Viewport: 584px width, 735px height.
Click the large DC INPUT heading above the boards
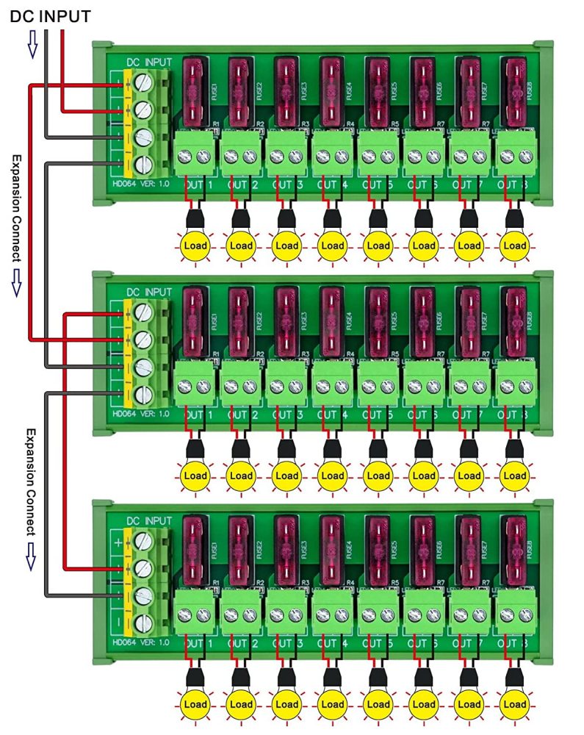[x=50, y=15]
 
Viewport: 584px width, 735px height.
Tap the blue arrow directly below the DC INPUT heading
[x=31, y=48]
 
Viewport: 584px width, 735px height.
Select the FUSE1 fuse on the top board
[x=196, y=92]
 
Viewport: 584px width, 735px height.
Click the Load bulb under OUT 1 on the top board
[x=195, y=245]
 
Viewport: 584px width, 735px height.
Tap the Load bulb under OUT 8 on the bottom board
[x=514, y=705]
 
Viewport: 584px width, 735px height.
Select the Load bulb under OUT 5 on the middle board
[x=378, y=476]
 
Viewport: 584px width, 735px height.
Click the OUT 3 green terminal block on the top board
[x=286, y=155]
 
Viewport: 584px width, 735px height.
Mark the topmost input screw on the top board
[x=145, y=83]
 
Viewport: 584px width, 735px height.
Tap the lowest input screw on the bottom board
[x=145, y=623]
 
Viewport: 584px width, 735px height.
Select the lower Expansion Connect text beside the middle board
[x=31, y=481]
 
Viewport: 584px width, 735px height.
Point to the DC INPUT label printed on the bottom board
[x=148, y=520]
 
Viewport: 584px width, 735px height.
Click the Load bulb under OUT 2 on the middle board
[x=241, y=476]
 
